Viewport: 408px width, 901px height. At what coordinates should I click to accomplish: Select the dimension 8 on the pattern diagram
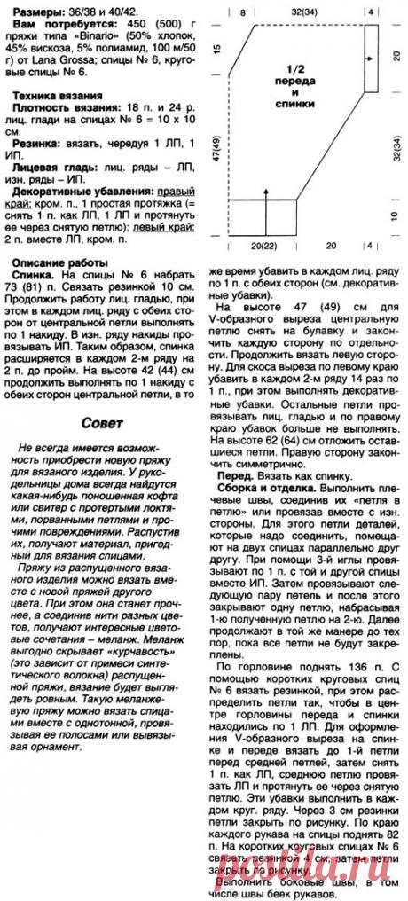[243, 11]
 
